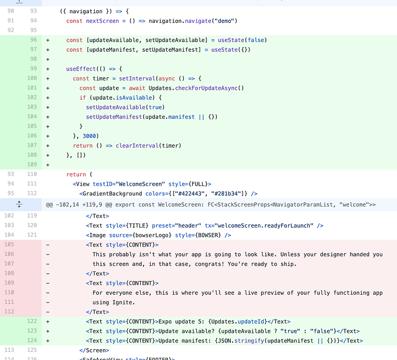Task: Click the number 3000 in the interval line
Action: pos(90,136)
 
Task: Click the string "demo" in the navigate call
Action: pos(225,21)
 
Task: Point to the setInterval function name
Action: pos(137,78)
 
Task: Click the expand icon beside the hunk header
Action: pos(19,204)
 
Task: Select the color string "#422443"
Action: pos(190,194)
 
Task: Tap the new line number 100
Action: pos(32,78)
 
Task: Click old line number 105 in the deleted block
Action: pos(9,244)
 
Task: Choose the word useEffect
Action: pos(81,69)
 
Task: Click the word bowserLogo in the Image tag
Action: pos(152,235)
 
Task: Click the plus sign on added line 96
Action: pos(48,40)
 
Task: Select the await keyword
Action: pos(137,88)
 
